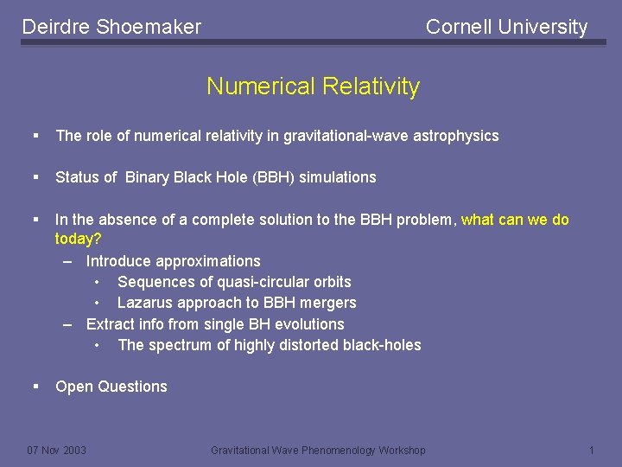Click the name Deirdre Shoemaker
[x=111, y=27]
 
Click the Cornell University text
[x=506, y=27]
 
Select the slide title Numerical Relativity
[x=313, y=86]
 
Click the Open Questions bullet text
[x=111, y=387]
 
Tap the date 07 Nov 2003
[x=57, y=450]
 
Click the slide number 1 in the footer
[x=591, y=450]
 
